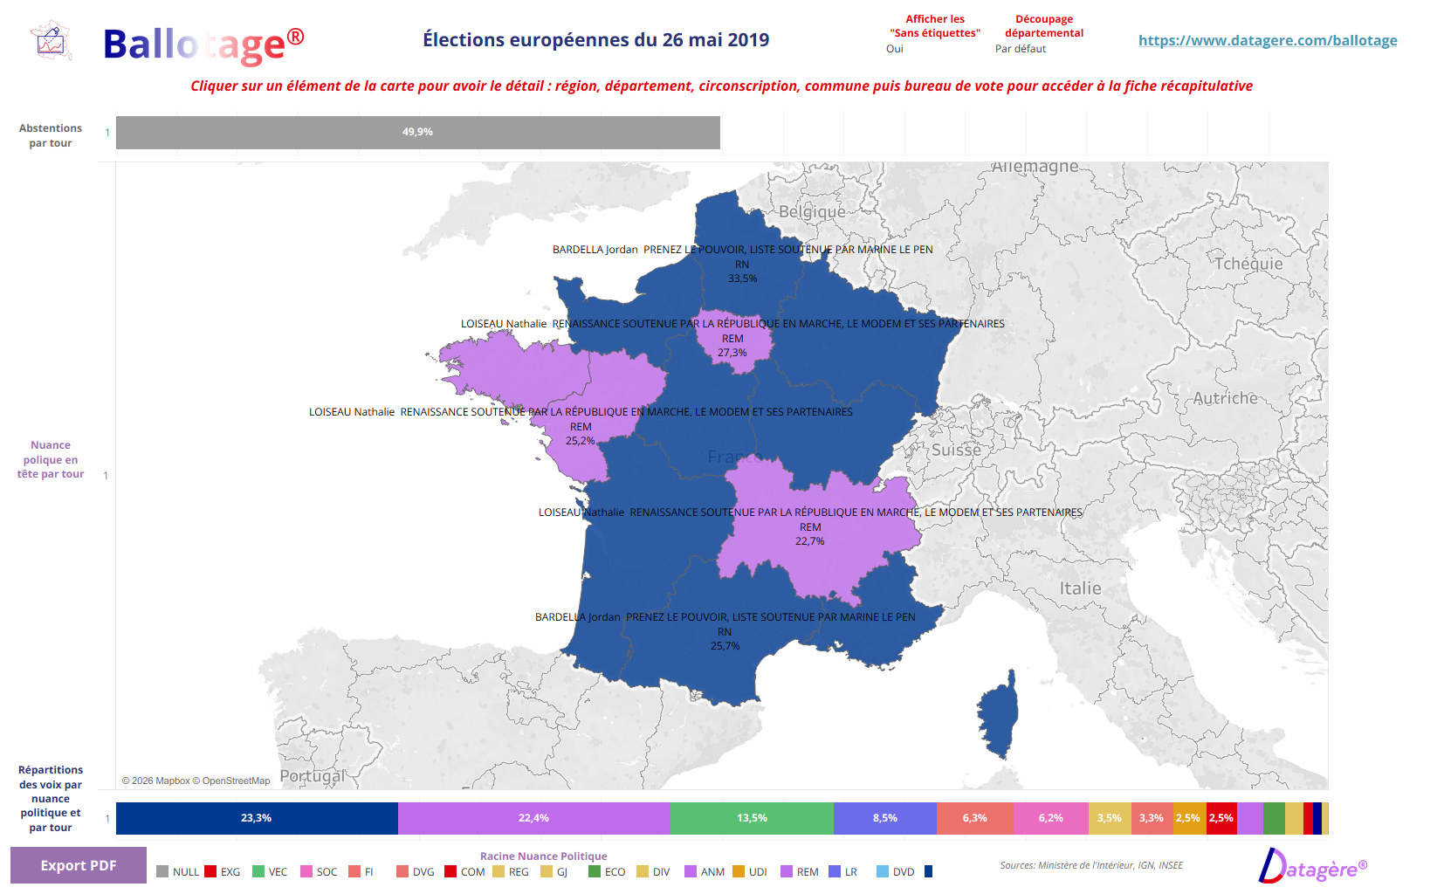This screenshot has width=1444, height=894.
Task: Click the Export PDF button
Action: [x=79, y=865]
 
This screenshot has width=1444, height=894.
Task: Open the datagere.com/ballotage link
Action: [x=1267, y=40]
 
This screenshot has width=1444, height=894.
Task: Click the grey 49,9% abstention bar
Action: [x=417, y=133]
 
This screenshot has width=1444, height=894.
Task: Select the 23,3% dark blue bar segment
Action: [x=257, y=818]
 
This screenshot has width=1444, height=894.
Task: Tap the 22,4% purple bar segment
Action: [x=533, y=818]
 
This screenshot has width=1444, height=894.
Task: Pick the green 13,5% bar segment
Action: [x=752, y=818]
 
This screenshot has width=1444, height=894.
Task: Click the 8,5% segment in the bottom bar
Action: [x=884, y=818]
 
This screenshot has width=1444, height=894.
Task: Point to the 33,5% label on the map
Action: [x=743, y=279]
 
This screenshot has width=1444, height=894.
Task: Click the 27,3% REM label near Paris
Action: [x=732, y=353]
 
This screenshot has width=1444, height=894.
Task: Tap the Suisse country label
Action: [x=956, y=450]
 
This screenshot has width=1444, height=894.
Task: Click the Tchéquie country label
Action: [x=1248, y=264]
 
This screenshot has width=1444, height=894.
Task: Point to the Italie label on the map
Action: [x=1080, y=588]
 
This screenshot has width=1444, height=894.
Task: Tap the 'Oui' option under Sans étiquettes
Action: [x=895, y=49]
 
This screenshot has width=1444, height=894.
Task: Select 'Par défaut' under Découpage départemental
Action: [x=1020, y=49]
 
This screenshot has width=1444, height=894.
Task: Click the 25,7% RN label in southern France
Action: [x=725, y=646]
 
